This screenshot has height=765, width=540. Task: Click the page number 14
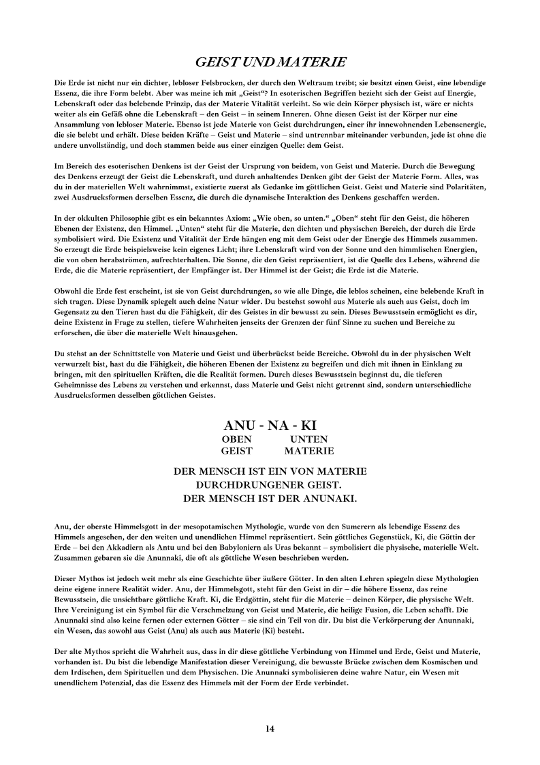[x=270, y=729]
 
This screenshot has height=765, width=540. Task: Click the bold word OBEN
[x=236, y=439]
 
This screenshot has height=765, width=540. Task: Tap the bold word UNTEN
[x=308, y=439]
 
